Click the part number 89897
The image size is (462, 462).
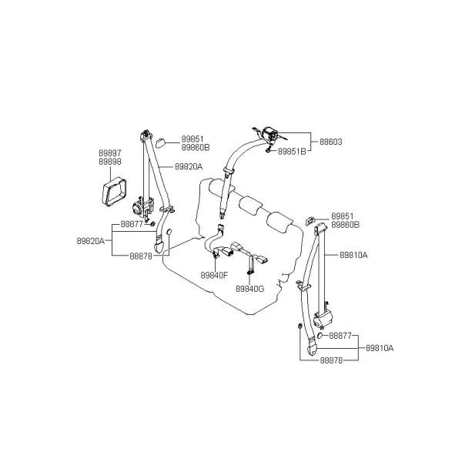click(110, 153)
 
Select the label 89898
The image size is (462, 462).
click(110, 162)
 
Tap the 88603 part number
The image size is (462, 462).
click(331, 142)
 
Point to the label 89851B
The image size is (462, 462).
click(292, 152)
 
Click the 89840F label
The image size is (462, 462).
click(214, 276)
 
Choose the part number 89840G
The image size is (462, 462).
click(249, 289)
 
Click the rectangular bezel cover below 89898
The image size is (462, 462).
click(114, 192)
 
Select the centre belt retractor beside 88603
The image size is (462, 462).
click(269, 134)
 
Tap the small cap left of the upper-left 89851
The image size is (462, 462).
click(160, 143)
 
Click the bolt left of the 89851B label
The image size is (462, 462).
click(268, 151)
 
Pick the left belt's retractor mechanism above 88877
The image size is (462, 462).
click(142, 206)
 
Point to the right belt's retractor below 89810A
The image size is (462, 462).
click(323, 319)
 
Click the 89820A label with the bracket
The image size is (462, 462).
click(91, 241)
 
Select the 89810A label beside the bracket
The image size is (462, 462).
click(380, 348)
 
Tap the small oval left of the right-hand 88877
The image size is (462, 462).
click(320, 335)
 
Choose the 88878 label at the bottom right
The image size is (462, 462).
click(331, 360)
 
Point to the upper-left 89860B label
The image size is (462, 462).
click(196, 148)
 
